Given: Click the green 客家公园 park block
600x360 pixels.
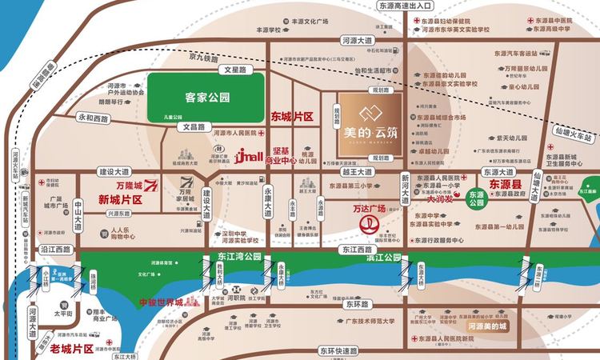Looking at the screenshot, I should [x=206, y=98].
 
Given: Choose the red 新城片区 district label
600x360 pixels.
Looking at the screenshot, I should [x=120, y=198].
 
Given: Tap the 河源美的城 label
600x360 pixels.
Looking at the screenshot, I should [x=489, y=326].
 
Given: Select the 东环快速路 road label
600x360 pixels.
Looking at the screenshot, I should [x=337, y=350].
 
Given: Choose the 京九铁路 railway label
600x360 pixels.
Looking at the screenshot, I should [x=204, y=58].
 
